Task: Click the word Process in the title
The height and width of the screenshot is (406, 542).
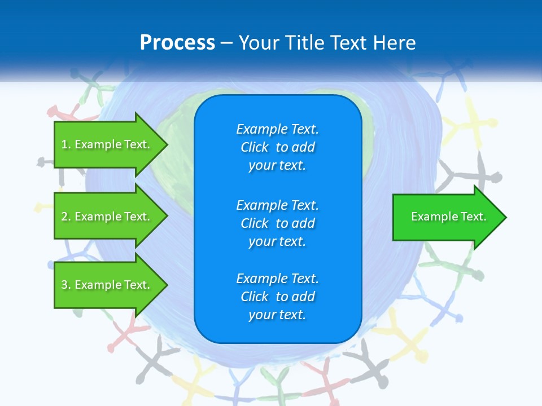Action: (177, 43)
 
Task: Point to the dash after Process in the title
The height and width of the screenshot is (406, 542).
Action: (226, 43)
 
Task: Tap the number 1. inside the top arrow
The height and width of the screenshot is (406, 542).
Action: (66, 144)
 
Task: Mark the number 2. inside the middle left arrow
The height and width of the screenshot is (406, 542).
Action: (66, 217)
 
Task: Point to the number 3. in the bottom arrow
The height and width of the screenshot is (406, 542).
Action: (66, 285)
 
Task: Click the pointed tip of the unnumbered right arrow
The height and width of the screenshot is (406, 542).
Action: (505, 217)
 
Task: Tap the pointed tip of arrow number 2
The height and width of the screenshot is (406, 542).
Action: (167, 217)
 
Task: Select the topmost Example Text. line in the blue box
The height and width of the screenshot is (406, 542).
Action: (277, 129)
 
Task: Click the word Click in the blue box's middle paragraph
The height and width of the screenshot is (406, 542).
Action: (254, 223)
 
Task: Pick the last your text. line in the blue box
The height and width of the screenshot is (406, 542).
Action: (277, 315)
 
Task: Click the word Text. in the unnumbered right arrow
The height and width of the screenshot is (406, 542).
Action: (474, 217)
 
